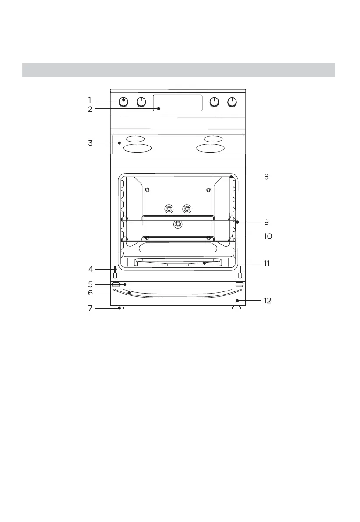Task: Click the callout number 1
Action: [89, 100]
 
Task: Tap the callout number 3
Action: [89, 143]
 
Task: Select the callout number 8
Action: [266, 177]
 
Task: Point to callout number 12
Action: [268, 301]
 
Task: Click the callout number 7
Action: [90, 308]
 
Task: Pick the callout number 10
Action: [268, 236]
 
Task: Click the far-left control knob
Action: [124, 102]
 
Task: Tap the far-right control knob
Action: [232, 102]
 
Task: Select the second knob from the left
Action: [141, 102]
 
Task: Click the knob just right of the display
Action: [214, 102]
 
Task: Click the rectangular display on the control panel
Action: [178, 103]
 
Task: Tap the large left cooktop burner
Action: [137, 148]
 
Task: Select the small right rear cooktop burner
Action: [213, 139]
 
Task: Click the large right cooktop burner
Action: [210, 148]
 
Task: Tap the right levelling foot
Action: [236, 309]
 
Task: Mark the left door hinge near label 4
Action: [115, 273]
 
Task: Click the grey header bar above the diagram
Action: [179, 70]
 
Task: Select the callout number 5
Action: [90, 284]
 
